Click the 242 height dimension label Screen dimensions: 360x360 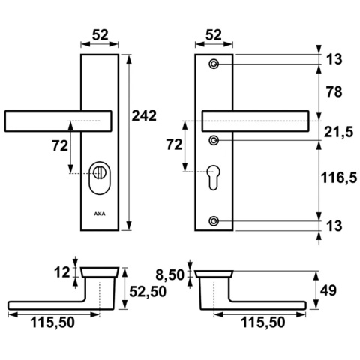[144, 115]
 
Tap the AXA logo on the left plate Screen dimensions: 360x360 [100, 214]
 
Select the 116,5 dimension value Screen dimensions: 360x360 [339, 178]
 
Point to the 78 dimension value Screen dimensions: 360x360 [334, 91]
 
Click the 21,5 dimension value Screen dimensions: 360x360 [338, 132]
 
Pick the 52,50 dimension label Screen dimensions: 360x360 [148, 291]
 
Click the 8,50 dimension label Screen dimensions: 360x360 [169, 275]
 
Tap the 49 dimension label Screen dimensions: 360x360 [328, 290]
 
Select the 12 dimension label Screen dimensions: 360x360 [62, 272]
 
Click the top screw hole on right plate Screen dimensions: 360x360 [214, 64]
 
